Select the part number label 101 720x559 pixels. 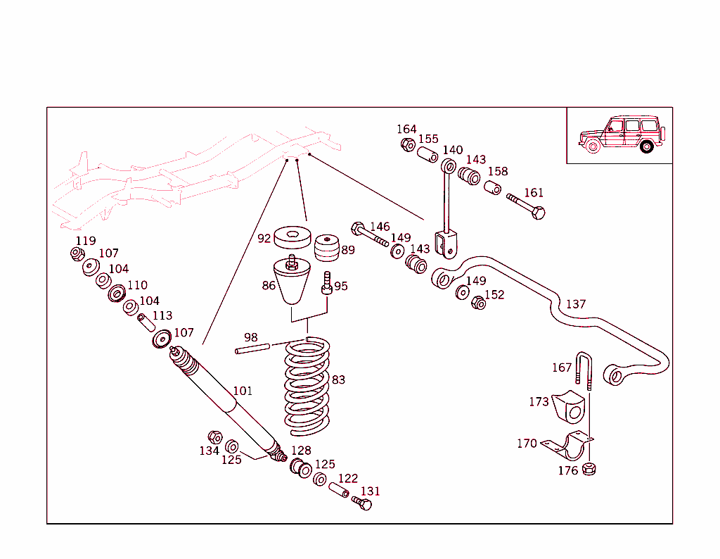pos(243,391)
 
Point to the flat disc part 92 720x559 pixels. pos(292,237)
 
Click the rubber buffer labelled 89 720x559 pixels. pos(325,248)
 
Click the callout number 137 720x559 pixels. pos(576,304)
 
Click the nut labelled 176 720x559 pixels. pos(590,468)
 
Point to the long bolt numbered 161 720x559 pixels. pos(527,206)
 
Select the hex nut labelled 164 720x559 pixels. pos(407,144)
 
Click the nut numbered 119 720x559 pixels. pos(77,253)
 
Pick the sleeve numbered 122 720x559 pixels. pos(340,490)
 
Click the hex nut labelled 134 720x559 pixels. pos(215,437)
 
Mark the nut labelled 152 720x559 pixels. pos(477,302)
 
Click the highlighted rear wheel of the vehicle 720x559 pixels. pos(647,147)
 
